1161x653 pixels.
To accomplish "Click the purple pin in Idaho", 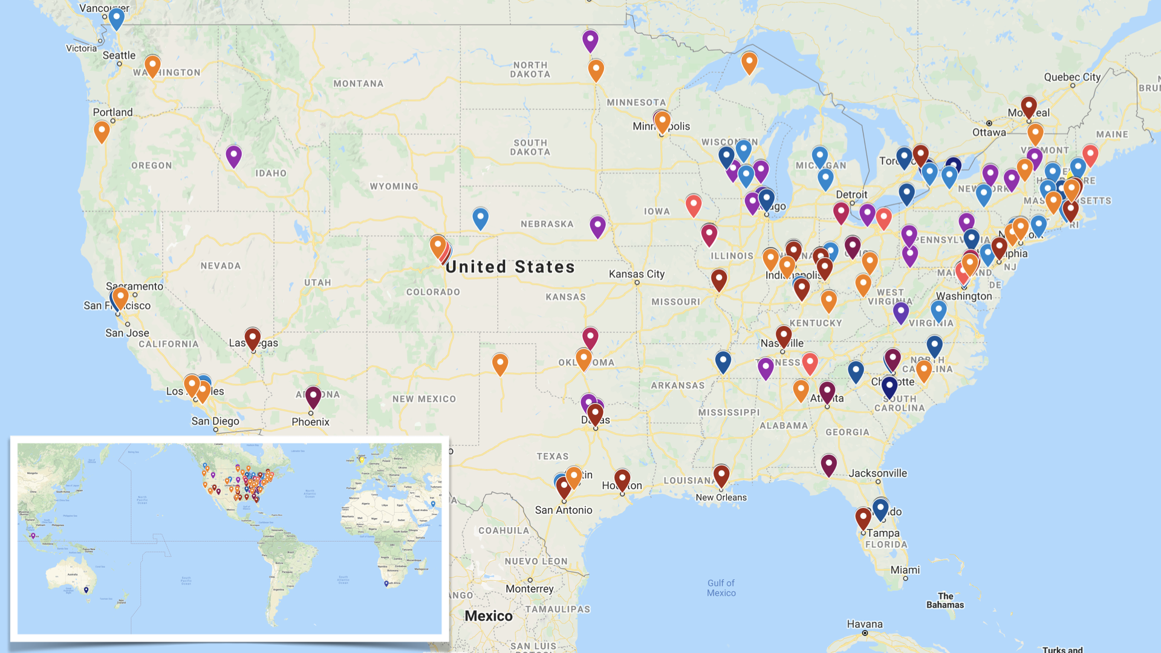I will pos(233,155).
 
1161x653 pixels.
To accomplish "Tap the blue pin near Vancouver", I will pos(116,18).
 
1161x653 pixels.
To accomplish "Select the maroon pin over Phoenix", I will pos(313,396).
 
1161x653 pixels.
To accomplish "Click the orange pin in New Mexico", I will pos(500,363).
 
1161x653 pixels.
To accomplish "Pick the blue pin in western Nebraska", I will pos(480,216).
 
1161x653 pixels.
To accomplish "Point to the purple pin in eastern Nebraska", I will pos(597,226).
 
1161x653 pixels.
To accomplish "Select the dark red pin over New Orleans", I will pos(721,475).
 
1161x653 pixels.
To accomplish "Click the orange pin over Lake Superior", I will pos(749,61).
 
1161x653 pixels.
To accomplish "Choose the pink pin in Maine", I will pos(1090,154).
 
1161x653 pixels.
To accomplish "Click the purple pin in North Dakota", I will pos(590,40).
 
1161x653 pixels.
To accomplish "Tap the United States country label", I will pos(510,267).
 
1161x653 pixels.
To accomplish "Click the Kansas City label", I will pos(636,274).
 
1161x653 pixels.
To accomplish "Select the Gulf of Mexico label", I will pos(721,588).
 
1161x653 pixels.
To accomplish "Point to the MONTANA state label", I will pos(358,83).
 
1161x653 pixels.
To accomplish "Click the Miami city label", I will pos(905,570).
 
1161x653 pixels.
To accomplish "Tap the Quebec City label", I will pos(1072,77).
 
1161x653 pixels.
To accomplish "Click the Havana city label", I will pos(864,624).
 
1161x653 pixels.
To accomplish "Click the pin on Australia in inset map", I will pos(86,590).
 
